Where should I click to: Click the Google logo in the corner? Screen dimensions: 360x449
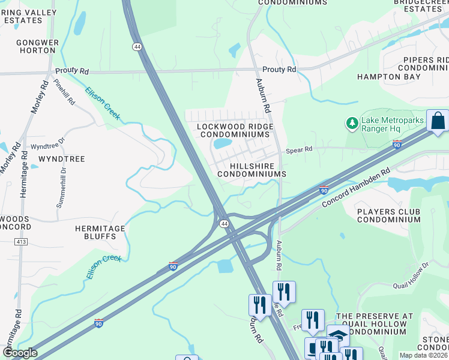tap(19, 353)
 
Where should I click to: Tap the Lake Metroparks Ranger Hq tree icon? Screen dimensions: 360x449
tap(352, 124)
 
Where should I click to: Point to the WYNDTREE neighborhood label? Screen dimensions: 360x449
tap(61, 159)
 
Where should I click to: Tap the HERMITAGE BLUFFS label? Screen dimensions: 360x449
tap(100, 233)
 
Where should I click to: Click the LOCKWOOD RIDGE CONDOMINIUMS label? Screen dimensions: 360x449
tap(235, 131)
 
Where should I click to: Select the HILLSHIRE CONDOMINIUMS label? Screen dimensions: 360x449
tap(251, 169)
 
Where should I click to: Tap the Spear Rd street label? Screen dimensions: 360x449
tap(299, 150)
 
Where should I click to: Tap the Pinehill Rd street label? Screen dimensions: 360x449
tap(64, 92)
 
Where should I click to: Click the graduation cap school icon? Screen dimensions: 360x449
tap(338, 335)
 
